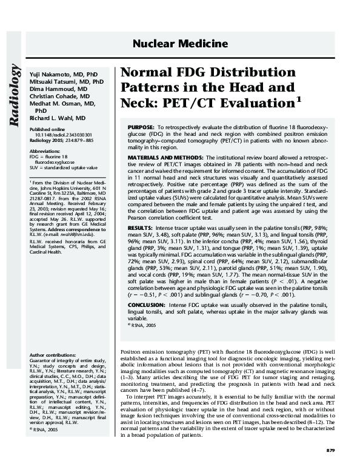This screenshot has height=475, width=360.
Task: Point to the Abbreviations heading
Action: (x=45, y=150)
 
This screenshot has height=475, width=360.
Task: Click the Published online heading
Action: (x=47, y=130)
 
